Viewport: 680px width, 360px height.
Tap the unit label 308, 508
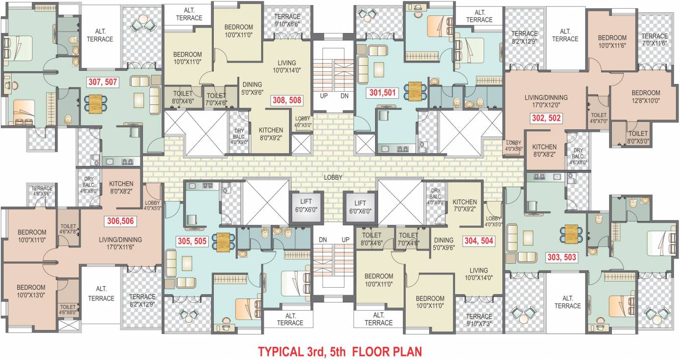[287, 100]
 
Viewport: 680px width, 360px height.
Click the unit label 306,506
[121, 221]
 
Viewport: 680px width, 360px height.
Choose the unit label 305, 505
[191, 241]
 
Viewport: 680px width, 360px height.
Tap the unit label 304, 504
[478, 240]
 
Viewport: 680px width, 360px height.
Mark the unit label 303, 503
[561, 257]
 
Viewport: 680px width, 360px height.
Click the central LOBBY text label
[333, 177]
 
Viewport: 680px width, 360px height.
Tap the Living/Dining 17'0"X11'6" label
[121, 243]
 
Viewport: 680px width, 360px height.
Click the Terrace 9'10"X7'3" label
[479, 320]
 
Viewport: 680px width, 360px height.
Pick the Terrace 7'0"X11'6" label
[654, 40]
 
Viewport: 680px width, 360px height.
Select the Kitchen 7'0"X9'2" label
[464, 205]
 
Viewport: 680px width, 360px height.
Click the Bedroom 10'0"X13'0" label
[31, 291]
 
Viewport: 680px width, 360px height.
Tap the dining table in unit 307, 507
[95, 103]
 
